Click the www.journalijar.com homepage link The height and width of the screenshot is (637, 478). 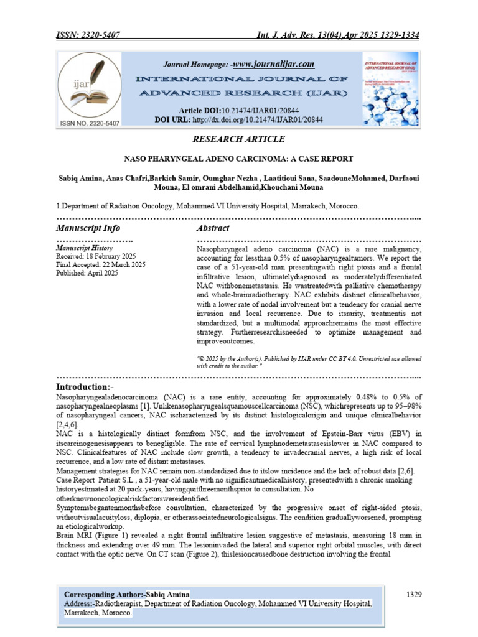273,64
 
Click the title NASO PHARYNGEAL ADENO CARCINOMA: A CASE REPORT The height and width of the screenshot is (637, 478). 238,159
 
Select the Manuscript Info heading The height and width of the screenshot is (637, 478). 88,228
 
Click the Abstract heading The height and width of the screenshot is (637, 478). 213,228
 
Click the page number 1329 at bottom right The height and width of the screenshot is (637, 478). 415,595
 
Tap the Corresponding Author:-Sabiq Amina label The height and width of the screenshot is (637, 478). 128,595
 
